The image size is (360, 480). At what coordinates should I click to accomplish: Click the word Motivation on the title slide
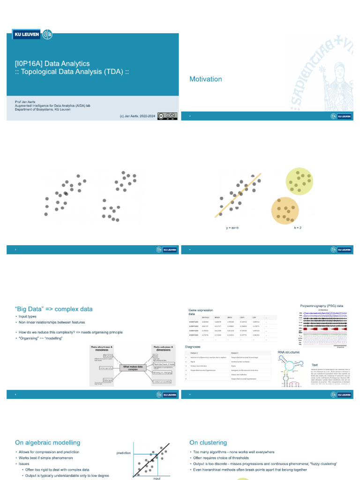coord(205,79)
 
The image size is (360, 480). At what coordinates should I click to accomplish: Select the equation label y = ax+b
coord(232,228)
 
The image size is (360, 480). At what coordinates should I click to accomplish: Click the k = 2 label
coord(298,228)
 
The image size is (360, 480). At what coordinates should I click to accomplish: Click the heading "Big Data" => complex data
coord(54,309)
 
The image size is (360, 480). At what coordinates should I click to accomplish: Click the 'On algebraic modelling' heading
coord(47,442)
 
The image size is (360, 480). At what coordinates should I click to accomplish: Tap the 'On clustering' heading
coord(208,442)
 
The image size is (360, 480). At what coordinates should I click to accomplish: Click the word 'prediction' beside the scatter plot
coord(124,453)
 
